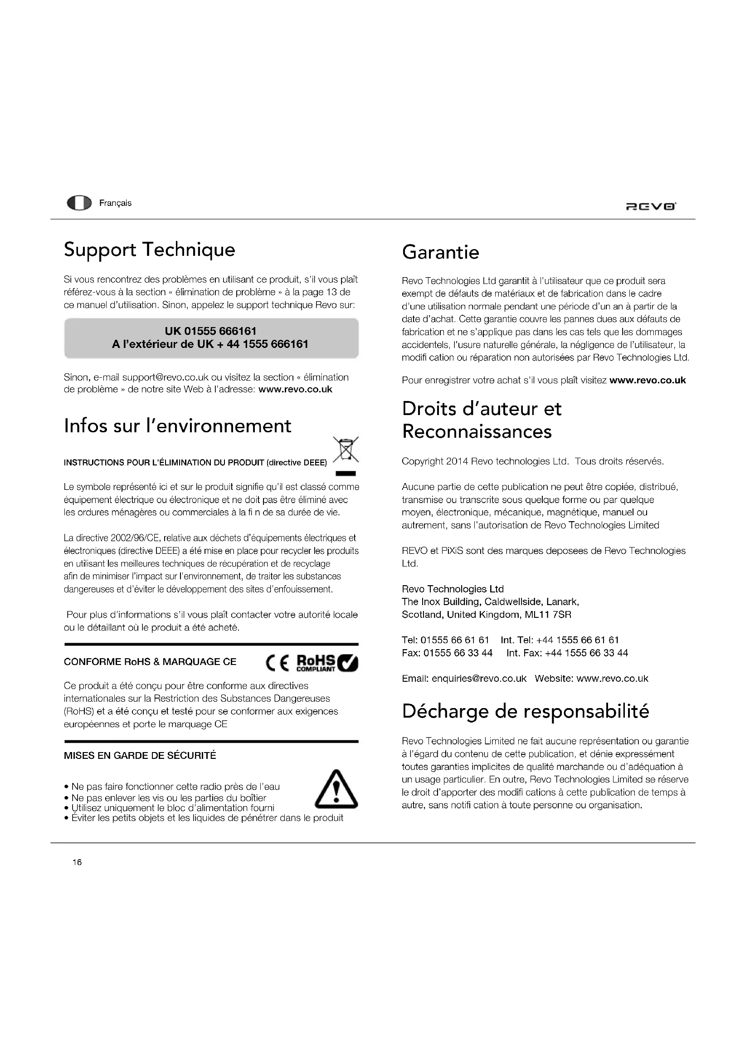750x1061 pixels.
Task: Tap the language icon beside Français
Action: [x=79, y=203]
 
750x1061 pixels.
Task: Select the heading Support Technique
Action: [x=149, y=249]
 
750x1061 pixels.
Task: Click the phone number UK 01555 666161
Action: [x=210, y=331]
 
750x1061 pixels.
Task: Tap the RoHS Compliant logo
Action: [x=326, y=663]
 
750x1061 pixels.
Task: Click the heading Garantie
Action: [x=441, y=252]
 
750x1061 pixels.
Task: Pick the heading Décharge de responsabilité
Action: [x=526, y=711]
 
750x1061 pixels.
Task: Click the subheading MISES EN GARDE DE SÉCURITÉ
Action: [x=140, y=756]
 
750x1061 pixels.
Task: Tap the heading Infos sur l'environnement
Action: [x=177, y=425]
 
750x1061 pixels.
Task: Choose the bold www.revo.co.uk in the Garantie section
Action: [x=648, y=380]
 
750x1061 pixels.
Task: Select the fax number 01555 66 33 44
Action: [x=458, y=652]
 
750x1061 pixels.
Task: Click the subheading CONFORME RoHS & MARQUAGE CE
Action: [x=150, y=662]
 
